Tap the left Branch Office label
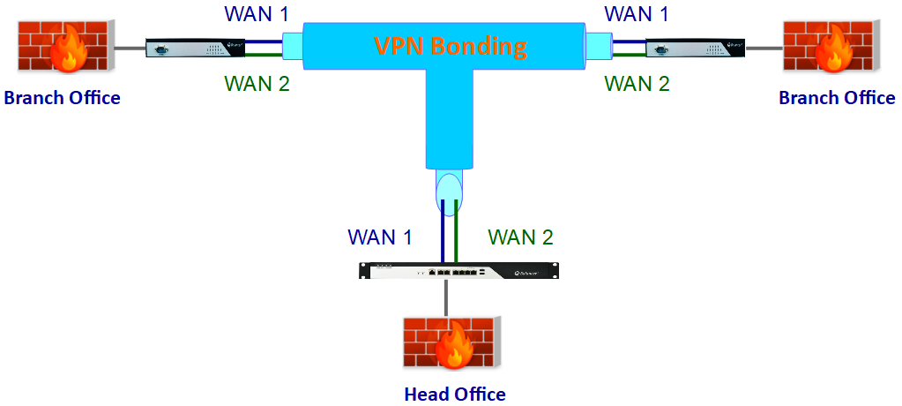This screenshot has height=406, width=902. point(62,97)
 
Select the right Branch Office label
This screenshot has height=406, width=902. point(837,97)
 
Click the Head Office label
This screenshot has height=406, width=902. point(455,395)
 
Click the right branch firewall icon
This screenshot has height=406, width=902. point(831,46)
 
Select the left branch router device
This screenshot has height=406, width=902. point(196,49)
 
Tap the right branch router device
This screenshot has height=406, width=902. point(696,49)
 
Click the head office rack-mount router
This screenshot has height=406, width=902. point(458,271)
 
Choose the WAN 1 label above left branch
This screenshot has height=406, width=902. point(257,14)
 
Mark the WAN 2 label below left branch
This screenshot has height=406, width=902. point(257,84)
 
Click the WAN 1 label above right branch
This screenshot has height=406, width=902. point(637,14)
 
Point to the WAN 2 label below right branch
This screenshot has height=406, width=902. point(637,84)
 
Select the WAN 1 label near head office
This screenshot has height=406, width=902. point(380,237)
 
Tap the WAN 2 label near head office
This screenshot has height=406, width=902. point(520,237)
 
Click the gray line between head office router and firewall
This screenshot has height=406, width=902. point(446,297)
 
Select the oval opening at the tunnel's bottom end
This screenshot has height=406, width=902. point(449,191)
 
